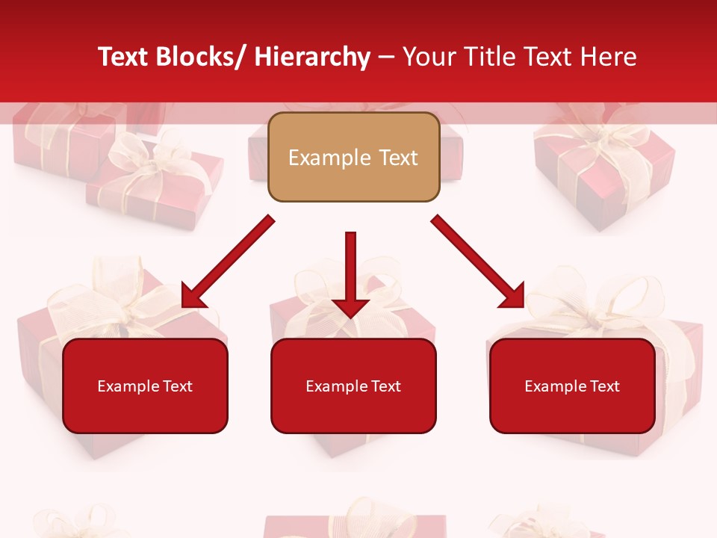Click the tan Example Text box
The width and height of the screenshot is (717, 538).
click(353, 157)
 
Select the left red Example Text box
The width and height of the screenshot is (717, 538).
click(145, 386)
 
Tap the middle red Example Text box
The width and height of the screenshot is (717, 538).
click(353, 386)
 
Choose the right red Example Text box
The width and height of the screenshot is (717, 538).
click(572, 386)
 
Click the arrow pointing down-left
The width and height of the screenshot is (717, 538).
click(228, 262)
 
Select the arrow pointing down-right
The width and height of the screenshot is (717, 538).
click(478, 262)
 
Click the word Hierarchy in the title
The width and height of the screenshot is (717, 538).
click(311, 57)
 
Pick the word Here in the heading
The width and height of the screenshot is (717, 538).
click(610, 57)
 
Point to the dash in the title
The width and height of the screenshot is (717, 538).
click(386, 57)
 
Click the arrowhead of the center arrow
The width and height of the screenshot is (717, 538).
click(350, 306)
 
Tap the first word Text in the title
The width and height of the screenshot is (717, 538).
click(123, 57)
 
